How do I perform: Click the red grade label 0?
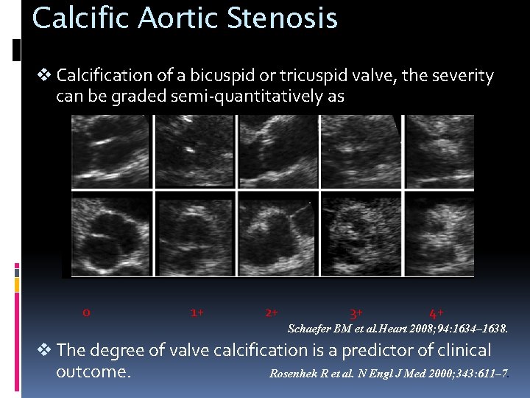tap(86, 313)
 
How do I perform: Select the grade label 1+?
tap(197, 313)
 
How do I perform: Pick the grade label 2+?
tap(271, 313)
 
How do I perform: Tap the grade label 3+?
tap(356, 313)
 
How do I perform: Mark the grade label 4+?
tap(436, 313)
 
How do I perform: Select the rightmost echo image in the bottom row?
tap(440, 234)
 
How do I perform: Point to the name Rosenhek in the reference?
tap(294, 374)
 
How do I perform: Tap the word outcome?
tap(93, 371)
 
